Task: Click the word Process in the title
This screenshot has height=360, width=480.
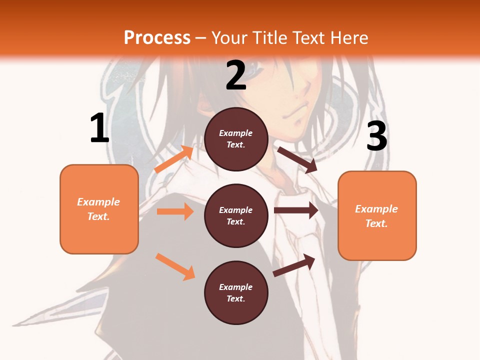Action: coord(157,37)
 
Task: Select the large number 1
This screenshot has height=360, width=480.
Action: coord(99,128)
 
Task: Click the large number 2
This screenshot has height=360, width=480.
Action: coord(236,75)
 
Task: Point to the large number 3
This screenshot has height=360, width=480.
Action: coord(376,136)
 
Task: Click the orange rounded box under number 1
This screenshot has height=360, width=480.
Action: coord(99,209)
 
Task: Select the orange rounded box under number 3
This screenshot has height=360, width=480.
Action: coord(377,216)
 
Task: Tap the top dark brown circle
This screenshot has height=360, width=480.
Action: coord(236,139)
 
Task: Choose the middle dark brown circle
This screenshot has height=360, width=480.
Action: coord(236,215)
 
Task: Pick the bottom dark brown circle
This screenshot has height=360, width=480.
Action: coord(236,292)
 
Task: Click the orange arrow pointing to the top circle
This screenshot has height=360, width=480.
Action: coord(174,159)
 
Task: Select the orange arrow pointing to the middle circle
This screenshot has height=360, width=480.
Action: coord(175,211)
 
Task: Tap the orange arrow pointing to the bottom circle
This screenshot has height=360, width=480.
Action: coord(175,266)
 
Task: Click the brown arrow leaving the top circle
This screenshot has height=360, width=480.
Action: coord(297,159)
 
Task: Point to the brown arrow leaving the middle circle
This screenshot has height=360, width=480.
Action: coord(296,210)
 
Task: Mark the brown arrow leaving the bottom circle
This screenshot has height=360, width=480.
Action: coord(294,265)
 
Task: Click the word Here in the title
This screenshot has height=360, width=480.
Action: coord(350,37)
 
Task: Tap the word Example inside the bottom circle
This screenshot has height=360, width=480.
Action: coord(236,287)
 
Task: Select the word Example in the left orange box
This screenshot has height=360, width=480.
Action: coord(98,202)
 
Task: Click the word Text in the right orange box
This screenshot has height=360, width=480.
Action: coord(376,223)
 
